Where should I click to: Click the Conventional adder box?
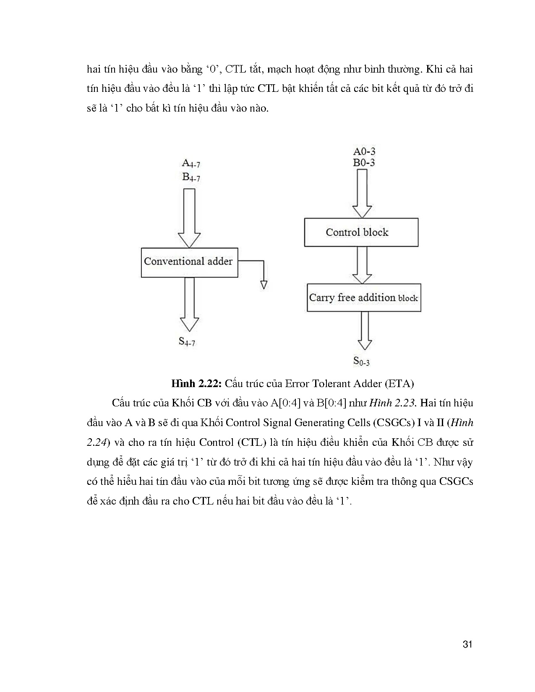(189, 262)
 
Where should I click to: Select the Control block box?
(361, 232)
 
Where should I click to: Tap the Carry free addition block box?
(364, 298)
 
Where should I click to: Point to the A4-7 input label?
(191, 163)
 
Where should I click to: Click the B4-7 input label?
(191, 177)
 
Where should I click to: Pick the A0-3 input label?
(364, 151)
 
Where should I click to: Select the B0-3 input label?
(364, 163)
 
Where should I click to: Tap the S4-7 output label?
(187, 341)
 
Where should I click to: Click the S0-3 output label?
(361, 361)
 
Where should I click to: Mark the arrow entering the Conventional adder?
(189, 218)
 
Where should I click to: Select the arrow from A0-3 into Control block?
(362, 193)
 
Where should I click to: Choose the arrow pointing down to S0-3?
(364, 330)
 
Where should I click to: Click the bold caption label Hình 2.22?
(196, 383)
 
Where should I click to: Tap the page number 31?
(467, 644)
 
